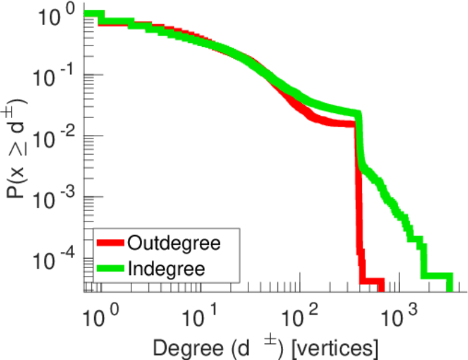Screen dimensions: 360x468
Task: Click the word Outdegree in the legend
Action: [x=174, y=243]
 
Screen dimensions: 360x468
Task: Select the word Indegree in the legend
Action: [x=166, y=268]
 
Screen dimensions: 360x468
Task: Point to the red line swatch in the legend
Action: [x=111, y=243]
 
